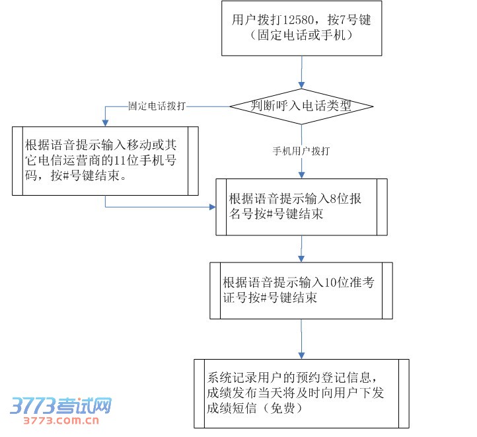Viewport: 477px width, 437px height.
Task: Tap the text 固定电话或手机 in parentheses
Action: coord(301,35)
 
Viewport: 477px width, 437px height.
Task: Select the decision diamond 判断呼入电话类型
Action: coord(301,106)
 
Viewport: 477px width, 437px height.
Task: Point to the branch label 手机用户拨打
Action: coord(301,151)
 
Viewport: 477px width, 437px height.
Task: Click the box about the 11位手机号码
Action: coord(105,161)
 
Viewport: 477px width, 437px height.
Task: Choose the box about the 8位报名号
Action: coord(301,206)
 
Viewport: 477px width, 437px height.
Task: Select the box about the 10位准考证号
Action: coord(301,290)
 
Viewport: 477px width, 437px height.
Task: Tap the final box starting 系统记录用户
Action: coord(301,393)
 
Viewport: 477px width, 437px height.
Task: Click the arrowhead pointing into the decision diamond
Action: coord(301,85)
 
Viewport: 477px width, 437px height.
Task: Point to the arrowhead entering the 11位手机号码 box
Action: coord(105,122)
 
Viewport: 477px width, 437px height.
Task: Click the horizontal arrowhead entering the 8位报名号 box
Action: coord(212,207)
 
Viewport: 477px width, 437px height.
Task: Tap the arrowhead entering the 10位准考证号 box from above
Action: coord(301,258)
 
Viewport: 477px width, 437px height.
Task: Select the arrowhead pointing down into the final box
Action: coord(301,355)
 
